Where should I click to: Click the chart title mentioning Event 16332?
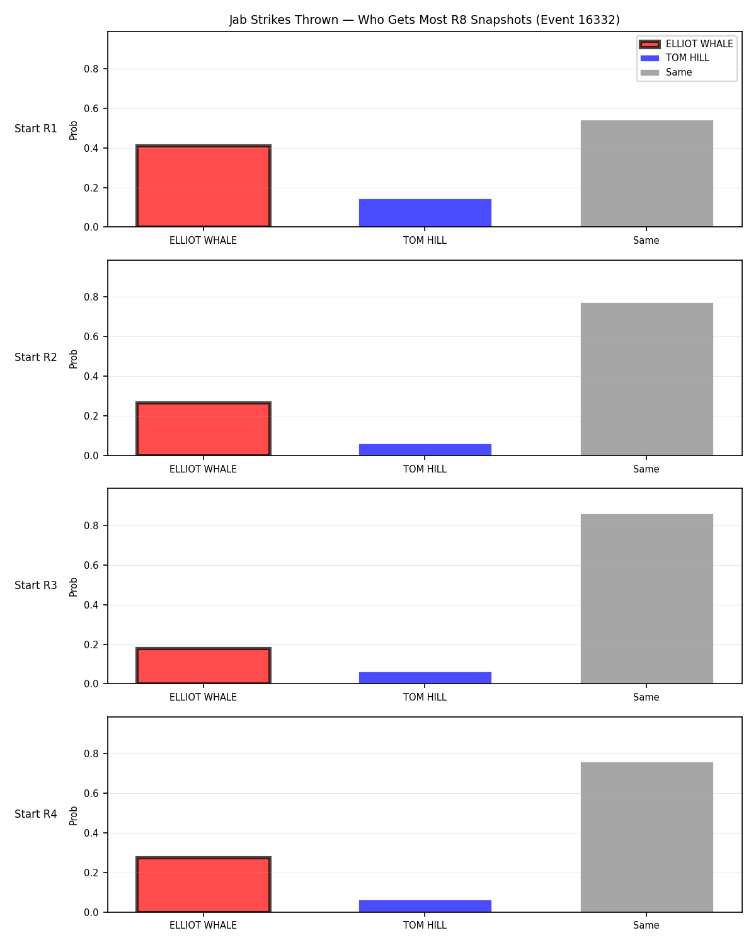tap(424, 20)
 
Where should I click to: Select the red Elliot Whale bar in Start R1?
tap(203, 186)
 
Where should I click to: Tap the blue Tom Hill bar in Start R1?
tap(425, 213)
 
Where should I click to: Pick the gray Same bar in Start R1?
tap(646, 173)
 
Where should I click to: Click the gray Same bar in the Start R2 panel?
tap(646, 379)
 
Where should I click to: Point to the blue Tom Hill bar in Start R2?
tap(425, 450)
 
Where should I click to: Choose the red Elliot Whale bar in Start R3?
tap(203, 665)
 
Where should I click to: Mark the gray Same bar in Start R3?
tap(646, 598)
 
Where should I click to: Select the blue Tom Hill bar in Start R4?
tap(425, 906)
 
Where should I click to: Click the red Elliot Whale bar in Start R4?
tap(203, 884)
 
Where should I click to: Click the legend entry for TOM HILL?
tap(687, 58)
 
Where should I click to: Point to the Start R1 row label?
tap(35, 129)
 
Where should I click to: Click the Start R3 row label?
tap(35, 585)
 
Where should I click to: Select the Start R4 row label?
tap(35, 814)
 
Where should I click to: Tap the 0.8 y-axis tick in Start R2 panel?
tap(91, 297)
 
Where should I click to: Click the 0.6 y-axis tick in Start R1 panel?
tap(91, 108)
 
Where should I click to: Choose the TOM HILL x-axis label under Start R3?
tap(425, 697)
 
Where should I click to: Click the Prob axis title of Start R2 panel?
tap(73, 358)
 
